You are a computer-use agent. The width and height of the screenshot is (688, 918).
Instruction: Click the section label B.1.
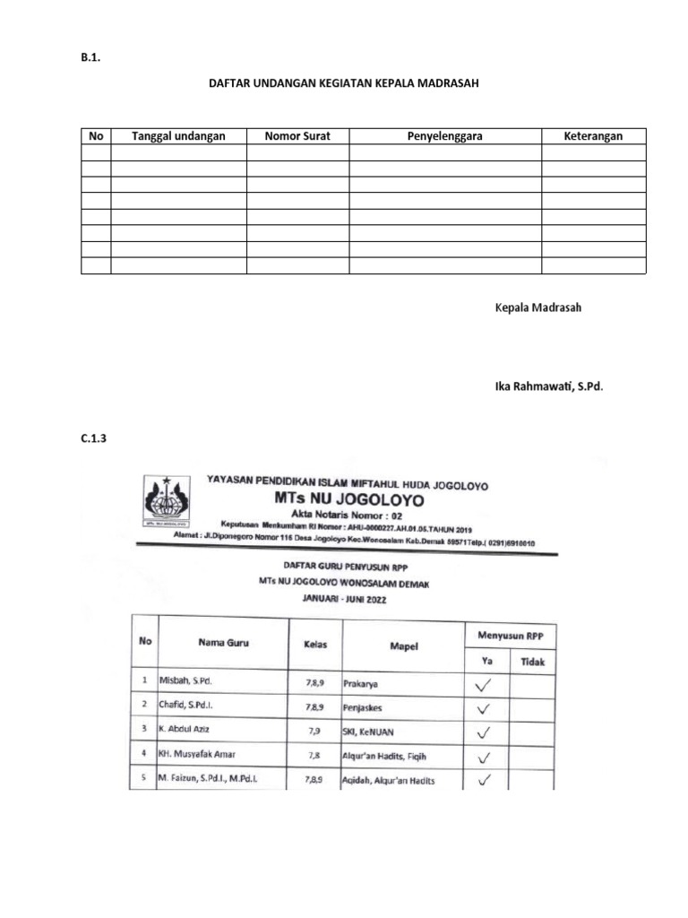pyautogui.click(x=90, y=58)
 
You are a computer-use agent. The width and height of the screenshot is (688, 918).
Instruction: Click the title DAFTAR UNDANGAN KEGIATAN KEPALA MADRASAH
pyautogui.click(x=344, y=83)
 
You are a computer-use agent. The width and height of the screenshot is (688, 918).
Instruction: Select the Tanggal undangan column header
pyautogui.click(x=178, y=136)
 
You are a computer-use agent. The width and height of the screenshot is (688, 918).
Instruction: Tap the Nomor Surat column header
pyautogui.click(x=297, y=136)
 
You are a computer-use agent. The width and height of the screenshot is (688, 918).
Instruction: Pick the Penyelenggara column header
pyautogui.click(x=445, y=136)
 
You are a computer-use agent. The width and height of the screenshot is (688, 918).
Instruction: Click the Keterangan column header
pyautogui.click(x=593, y=136)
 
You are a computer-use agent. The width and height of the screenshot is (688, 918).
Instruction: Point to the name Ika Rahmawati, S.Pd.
pyautogui.click(x=549, y=386)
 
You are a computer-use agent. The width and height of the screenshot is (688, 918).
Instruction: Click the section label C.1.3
pyautogui.click(x=94, y=439)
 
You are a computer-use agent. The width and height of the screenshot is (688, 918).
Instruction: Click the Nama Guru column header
pyautogui.click(x=223, y=643)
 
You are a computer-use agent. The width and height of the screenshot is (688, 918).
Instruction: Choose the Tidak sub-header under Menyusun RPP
pyautogui.click(x=532, y=663)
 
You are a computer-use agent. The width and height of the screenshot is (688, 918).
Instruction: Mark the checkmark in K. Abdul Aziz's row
pyautogui.click(x=485, y=732)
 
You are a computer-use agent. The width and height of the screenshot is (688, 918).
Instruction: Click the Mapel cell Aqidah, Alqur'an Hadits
pyautogui.click(x=388, y=780)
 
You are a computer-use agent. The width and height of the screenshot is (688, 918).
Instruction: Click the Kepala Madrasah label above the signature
pyautogui.click(x=538, y=307)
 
